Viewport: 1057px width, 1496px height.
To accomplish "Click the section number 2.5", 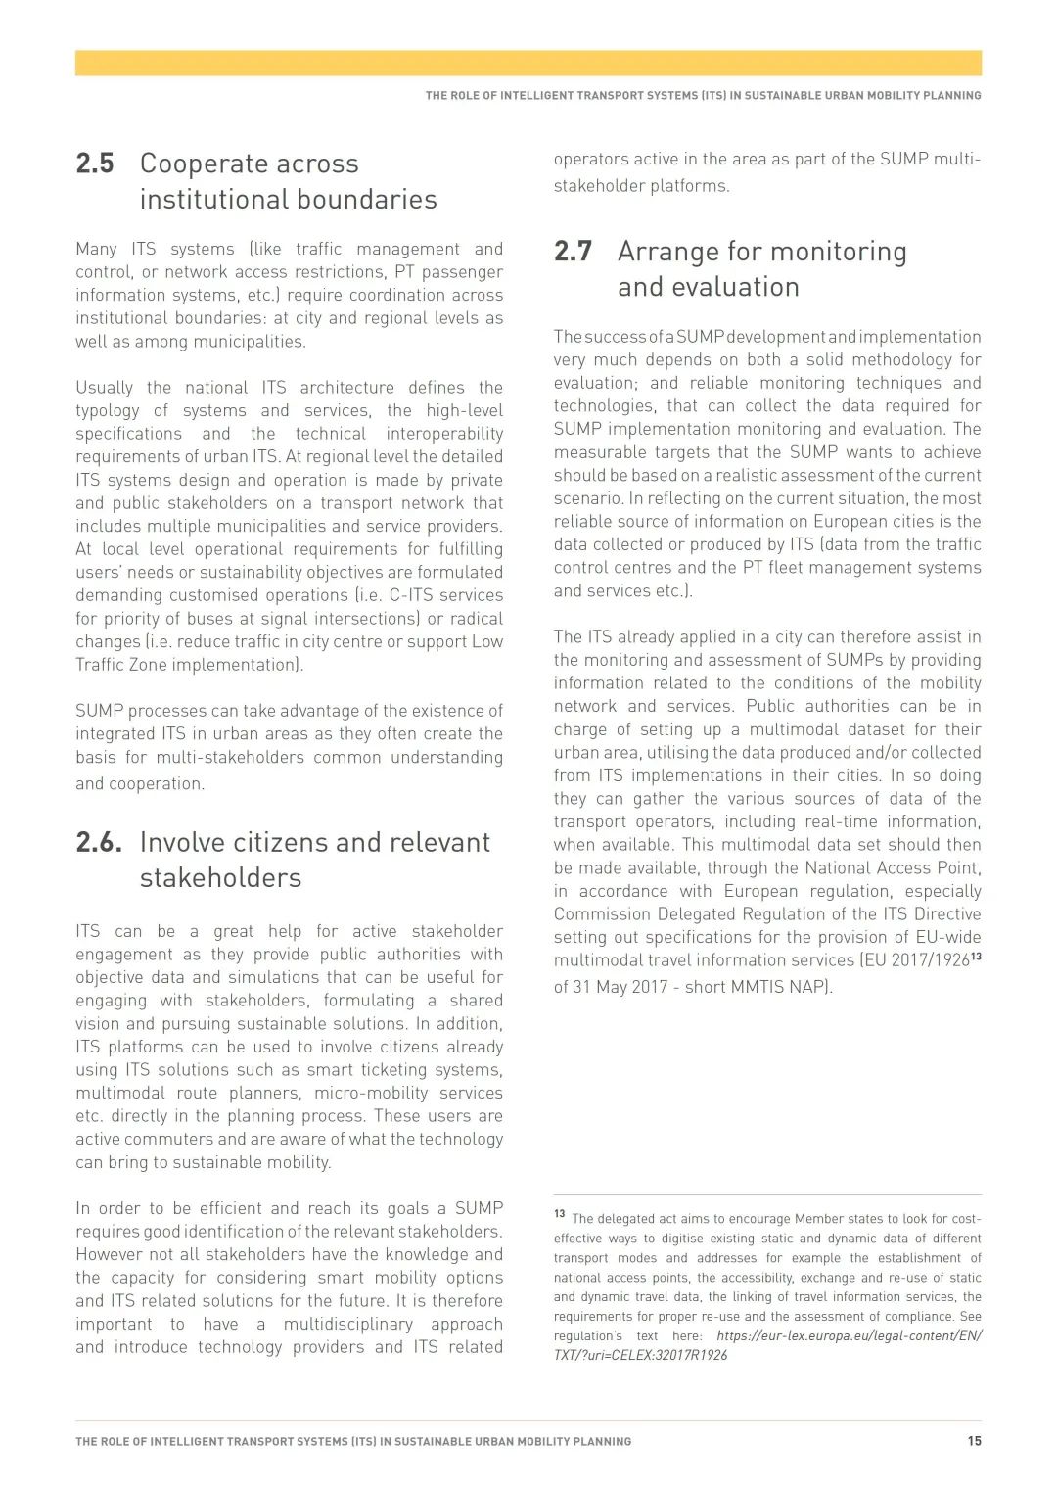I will (x=95, y=164).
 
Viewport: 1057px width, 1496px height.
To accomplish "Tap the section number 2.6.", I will (x=99, y=842).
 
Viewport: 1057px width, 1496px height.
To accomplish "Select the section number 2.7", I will (x=574, y=252).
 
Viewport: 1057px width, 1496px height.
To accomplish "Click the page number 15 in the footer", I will (x=974, y=1441).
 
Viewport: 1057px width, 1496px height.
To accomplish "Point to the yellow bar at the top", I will (x=528, y=63).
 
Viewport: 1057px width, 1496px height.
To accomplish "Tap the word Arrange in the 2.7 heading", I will (x=668, y=252).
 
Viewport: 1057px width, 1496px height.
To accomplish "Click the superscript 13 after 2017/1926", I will (x=976, y=956).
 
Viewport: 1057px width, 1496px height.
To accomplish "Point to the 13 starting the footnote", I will (x=560, y=1214).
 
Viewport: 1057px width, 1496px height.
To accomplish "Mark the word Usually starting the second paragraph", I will (x=104, y=388).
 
